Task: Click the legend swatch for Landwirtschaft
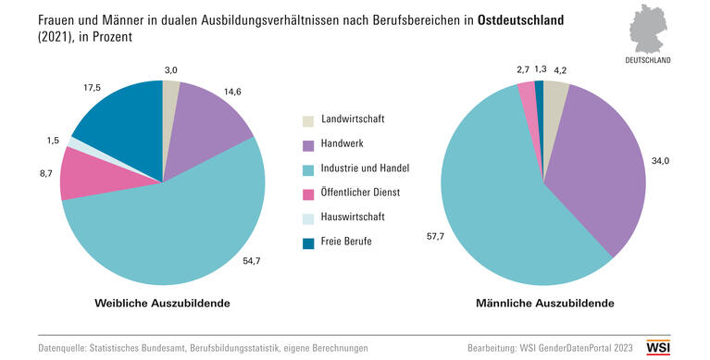click(x=307, y=121)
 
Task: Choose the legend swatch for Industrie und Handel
click(x=307, y=169)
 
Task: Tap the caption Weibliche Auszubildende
click(x=162, y=304)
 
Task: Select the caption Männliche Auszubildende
click(x=543, y=304)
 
